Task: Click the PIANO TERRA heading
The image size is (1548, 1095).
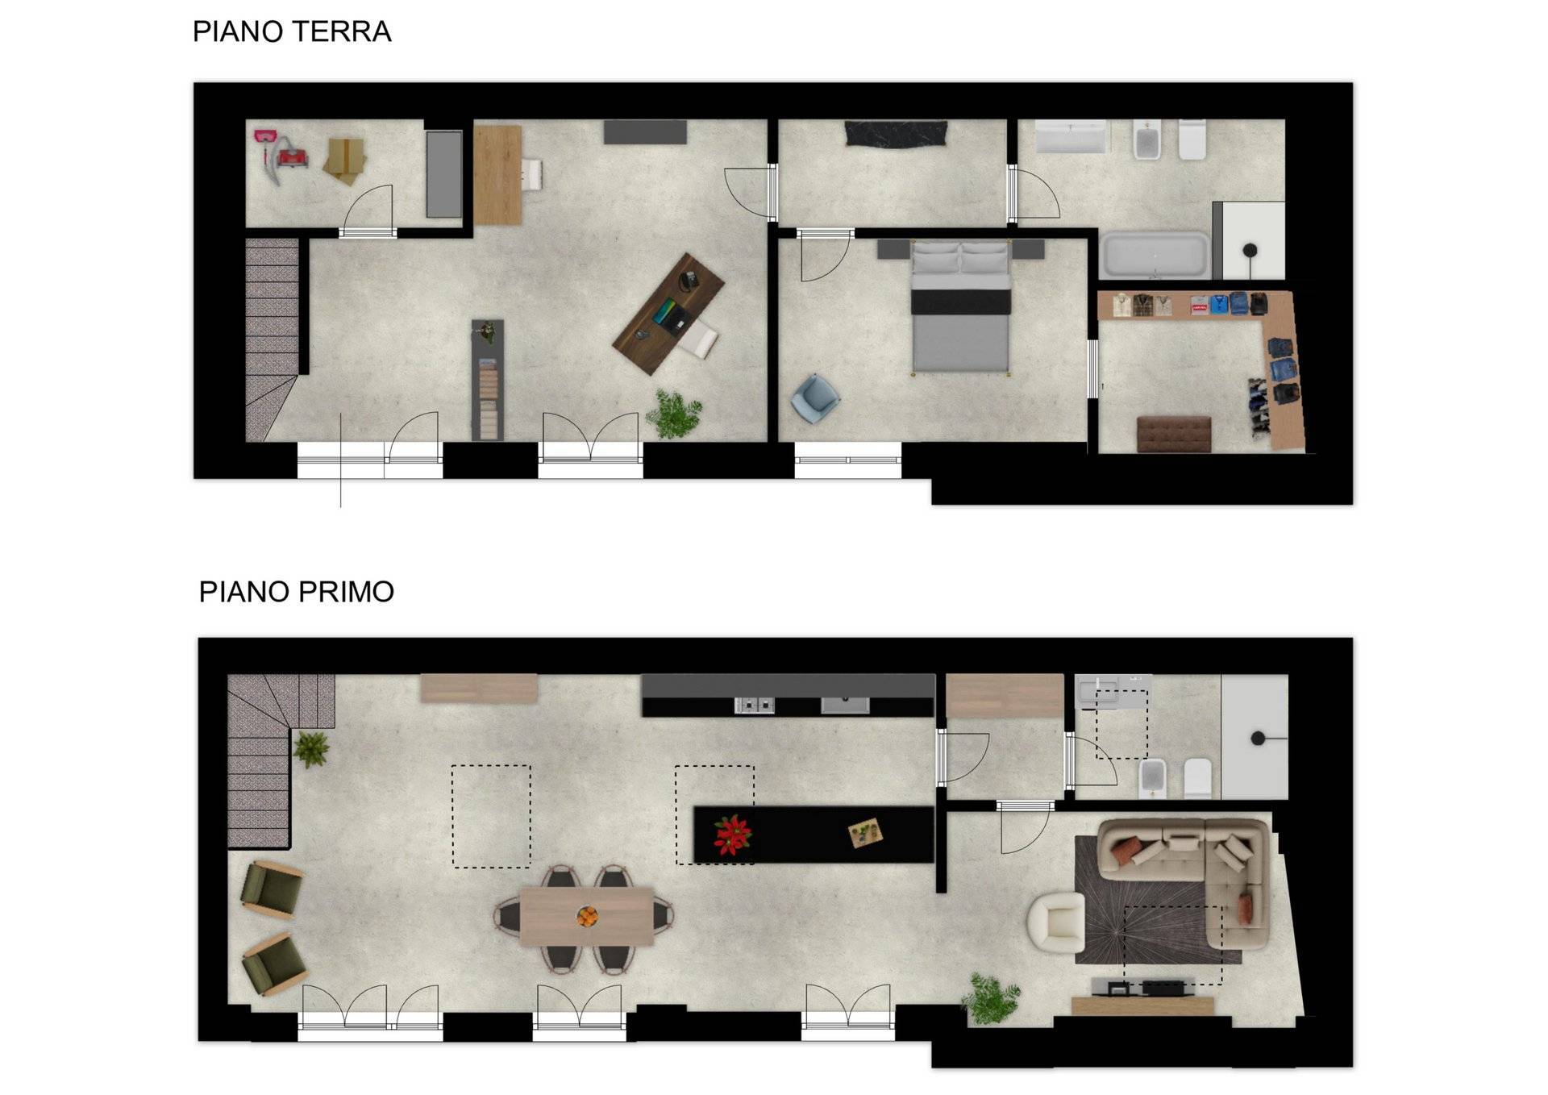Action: pyautogui.click(x=292, y=31)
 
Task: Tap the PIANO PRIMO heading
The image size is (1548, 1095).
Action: pyautogui.click(x=297, y=592)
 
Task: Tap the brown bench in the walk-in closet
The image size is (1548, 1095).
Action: pyautogui.click(x=1174, y=434)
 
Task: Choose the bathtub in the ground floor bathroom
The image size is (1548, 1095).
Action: pyautogui.click(x=1155, y=255)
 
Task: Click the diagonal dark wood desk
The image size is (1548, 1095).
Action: pyautogui.click(x=668, y=314)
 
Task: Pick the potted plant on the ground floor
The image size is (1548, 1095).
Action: pyautogui.click(x=674, y=414)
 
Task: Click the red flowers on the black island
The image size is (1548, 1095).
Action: pyautogui.click(x=732, y=835)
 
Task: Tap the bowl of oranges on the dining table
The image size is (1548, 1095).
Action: pyautogui.click(x=587, y=917)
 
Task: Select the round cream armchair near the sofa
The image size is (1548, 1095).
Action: pyautogui.click(x=1055, y=922)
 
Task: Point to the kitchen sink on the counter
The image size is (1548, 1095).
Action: pyautogui.click(x=845, y=706)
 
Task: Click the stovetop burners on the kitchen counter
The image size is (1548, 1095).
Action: pyautogui.click(x=755, y=706)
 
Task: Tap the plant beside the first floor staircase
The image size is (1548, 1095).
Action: pyautogui.click(x=311, y=749)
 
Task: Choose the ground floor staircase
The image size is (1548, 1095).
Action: pyautogui.click(x=272, y=339)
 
